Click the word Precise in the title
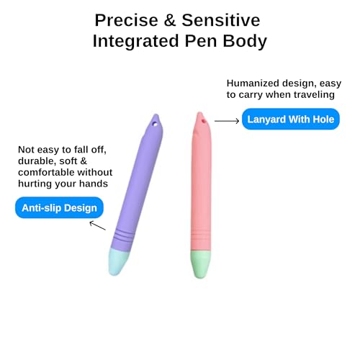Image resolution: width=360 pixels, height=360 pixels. (127, 20)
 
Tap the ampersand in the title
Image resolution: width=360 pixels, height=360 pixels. (170, 20)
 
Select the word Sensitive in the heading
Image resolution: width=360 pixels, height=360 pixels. (221, 20)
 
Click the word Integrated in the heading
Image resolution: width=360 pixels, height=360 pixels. (135, 41)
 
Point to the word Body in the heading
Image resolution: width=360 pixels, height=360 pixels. (245, 41)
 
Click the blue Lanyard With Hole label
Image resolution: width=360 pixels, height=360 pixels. (291, 119)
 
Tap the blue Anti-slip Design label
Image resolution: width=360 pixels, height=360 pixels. (59, 208)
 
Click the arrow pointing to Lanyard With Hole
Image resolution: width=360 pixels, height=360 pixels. (227, 121)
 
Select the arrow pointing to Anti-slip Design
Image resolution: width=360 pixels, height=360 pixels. (97, 225)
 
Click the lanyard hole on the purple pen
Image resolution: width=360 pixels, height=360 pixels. (155, 125)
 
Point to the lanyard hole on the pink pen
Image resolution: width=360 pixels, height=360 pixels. (204, 120)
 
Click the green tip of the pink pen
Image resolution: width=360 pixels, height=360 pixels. (201, 264)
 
